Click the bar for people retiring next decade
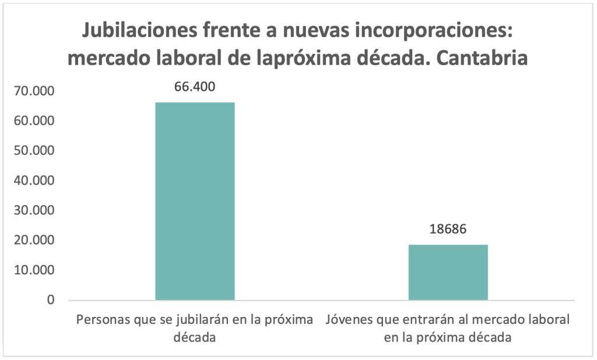point(195,201)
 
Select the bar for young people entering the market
point(448,272)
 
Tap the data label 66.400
point(195,87)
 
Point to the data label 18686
point(448,229)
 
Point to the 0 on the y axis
point(50,300)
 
